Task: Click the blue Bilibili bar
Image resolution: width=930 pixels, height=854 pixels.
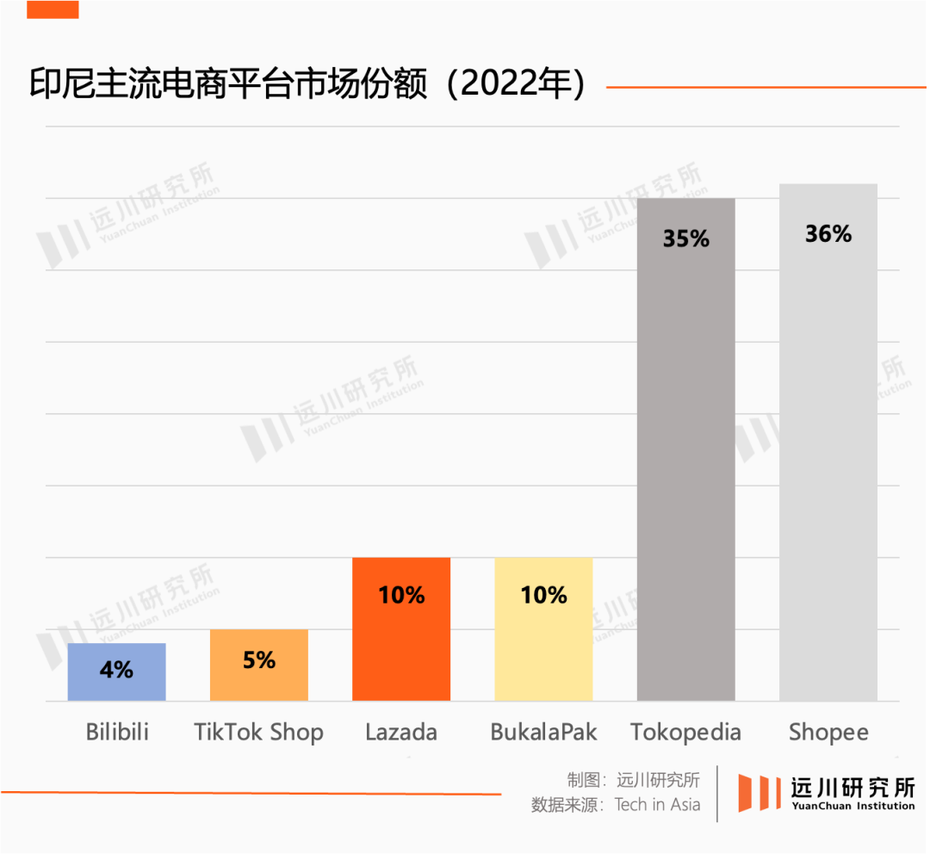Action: (116, 680)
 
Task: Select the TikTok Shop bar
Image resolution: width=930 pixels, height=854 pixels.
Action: (258, 680)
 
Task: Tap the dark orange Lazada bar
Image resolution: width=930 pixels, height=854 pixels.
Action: (401, 646)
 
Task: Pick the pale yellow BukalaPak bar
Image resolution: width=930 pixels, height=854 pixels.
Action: (543, 646)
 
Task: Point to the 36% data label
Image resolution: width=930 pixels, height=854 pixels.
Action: (828, 234)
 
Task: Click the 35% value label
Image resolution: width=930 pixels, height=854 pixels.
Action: (685, 238)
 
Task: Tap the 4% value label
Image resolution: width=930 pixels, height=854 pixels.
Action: (116, 669)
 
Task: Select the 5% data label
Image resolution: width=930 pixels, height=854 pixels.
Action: (258, 660)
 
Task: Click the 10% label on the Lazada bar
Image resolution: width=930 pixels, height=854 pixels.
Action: (401, 595)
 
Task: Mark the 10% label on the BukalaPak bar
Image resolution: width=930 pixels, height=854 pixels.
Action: (543, 595)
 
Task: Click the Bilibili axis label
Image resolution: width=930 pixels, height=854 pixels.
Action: (117, 732)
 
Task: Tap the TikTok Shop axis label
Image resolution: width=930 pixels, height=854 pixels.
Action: (258, 732)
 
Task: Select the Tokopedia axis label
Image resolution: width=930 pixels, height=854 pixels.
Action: (685, 732)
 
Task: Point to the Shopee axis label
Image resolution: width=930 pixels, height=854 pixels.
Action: (828, 732)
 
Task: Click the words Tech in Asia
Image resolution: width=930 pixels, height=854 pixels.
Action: (657, 805)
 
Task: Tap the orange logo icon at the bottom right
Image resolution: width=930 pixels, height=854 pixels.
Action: (759, 792)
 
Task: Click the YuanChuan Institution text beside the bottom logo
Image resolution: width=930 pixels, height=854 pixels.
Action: (852, 806)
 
